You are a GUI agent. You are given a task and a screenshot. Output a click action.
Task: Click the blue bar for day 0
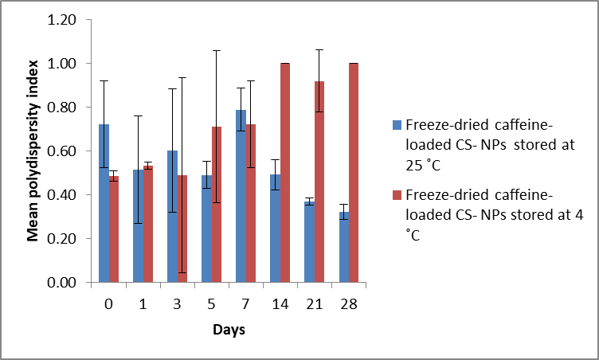[104, 203]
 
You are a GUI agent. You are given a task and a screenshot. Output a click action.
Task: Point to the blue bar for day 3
[172, 216]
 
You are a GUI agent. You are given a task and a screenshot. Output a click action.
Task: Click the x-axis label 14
[280, 303]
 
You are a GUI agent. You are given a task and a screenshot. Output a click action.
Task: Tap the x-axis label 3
[177, 303]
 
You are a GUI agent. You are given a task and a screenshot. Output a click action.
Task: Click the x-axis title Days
[229, 329]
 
